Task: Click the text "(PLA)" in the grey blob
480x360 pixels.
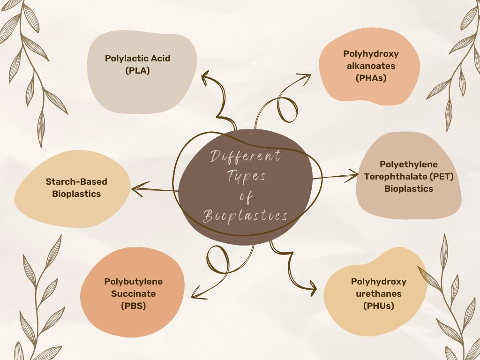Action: point(137,71)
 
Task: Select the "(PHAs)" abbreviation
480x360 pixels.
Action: point(371,78)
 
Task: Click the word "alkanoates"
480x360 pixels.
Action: point(371,66)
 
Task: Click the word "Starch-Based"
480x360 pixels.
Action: point(76,181)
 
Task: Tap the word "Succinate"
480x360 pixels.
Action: point(133,294)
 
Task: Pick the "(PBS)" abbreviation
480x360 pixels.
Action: point(133,306)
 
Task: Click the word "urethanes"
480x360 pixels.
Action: point(378,294)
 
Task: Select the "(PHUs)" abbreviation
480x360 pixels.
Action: point(378,306)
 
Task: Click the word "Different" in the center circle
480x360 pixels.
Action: point(245,157)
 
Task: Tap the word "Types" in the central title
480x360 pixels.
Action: point(247,177)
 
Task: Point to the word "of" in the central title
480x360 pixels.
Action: point(246,196)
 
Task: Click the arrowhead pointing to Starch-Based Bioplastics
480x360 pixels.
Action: point(136,189)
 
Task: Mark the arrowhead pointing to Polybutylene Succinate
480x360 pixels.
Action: point(195,295)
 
